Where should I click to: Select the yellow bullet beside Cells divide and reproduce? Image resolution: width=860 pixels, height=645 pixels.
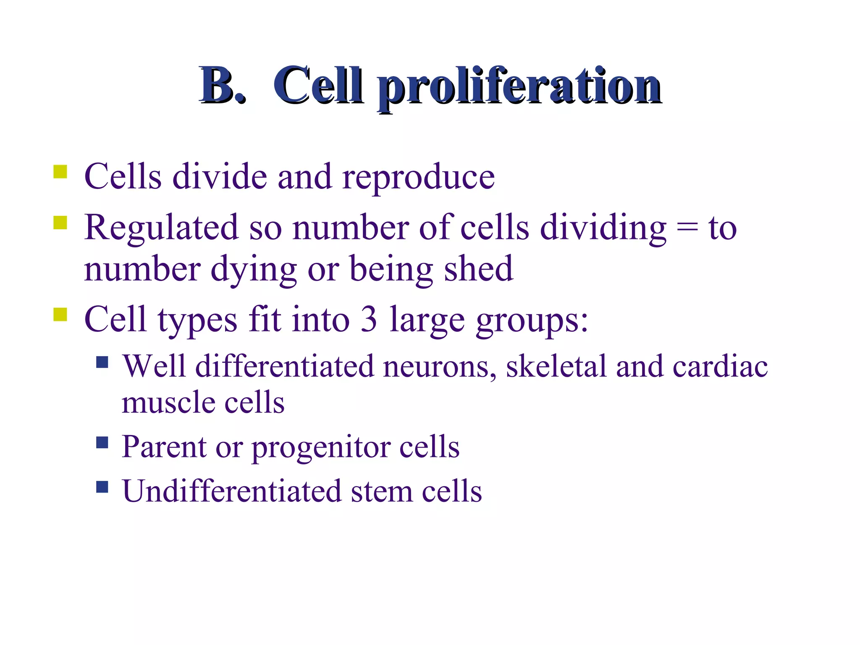60,172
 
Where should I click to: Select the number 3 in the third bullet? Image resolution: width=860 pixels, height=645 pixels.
369,320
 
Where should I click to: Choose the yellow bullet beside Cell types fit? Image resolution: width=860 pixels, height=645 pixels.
60,314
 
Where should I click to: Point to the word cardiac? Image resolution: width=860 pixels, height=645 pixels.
720,366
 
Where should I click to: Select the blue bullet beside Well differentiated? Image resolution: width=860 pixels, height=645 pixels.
102,362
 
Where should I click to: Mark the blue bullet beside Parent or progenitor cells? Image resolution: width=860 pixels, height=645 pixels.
102,443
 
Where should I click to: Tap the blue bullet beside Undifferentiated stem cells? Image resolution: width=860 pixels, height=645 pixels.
102,487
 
